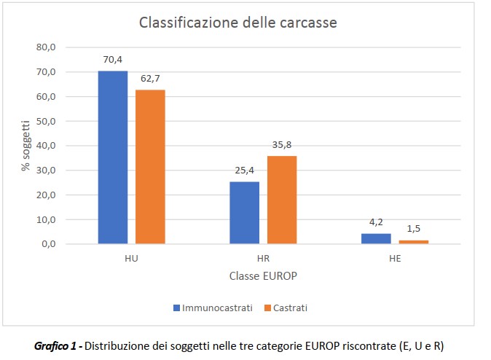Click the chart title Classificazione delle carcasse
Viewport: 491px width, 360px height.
pyautogui.click(x=238, y=23)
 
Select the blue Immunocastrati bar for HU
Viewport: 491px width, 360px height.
pyautogui.click(x=113, y=157)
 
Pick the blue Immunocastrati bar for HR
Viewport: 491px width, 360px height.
pyautogui.click(x=244, y=213)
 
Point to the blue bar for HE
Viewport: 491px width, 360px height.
pyautogui.click(x=376, y=238)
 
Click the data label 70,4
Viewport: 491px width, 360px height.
pyautogui.click(x=113, y=61)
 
